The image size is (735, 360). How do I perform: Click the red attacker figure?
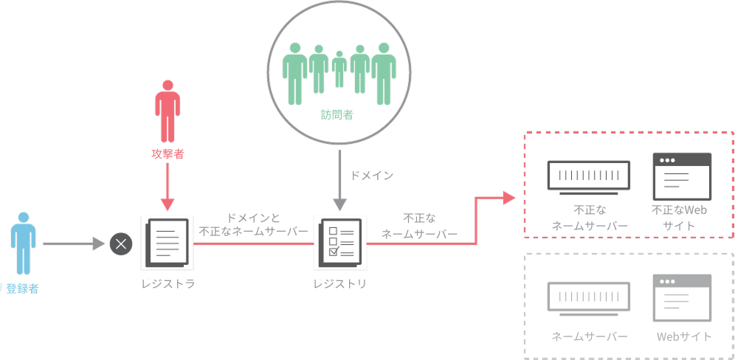coord(168,111)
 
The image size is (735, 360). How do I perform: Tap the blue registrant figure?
coord(23,243)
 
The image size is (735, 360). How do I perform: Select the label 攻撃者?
coord(168,153)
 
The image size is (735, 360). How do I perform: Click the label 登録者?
coord(22,288)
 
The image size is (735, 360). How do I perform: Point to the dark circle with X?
coord(121,243)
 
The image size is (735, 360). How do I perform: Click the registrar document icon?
coord(167,243)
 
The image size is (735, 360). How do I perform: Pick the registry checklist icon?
coord(340,243)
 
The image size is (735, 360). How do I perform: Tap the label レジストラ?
coord(168,284)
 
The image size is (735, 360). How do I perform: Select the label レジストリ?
coord(340,284)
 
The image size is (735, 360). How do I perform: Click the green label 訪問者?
coord(337,115)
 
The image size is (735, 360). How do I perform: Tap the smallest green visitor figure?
coord(339,69)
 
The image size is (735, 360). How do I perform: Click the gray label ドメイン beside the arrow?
coord(372,176)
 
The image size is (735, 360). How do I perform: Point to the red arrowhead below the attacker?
coord(168,204)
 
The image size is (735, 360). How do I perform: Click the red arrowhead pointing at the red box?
coord(509,198)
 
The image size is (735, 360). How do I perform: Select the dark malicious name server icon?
coord(589,178)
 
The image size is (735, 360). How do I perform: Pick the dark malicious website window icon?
coord(682,176)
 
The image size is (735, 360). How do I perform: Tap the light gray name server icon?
coord(589,299)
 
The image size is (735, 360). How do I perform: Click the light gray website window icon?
coord(682,297)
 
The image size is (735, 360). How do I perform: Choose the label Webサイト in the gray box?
coord(684,336)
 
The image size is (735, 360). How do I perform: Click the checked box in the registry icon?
coord(334,252)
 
